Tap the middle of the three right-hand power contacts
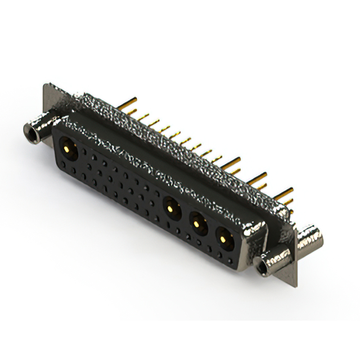197,223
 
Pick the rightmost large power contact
224,239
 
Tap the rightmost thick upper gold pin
284,192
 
